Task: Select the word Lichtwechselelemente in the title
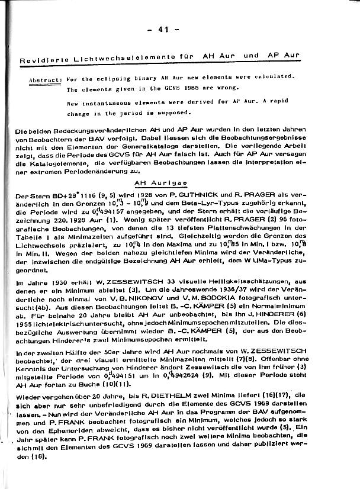click(x=115, y=59)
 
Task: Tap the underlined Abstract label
click(x=46, y=79)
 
